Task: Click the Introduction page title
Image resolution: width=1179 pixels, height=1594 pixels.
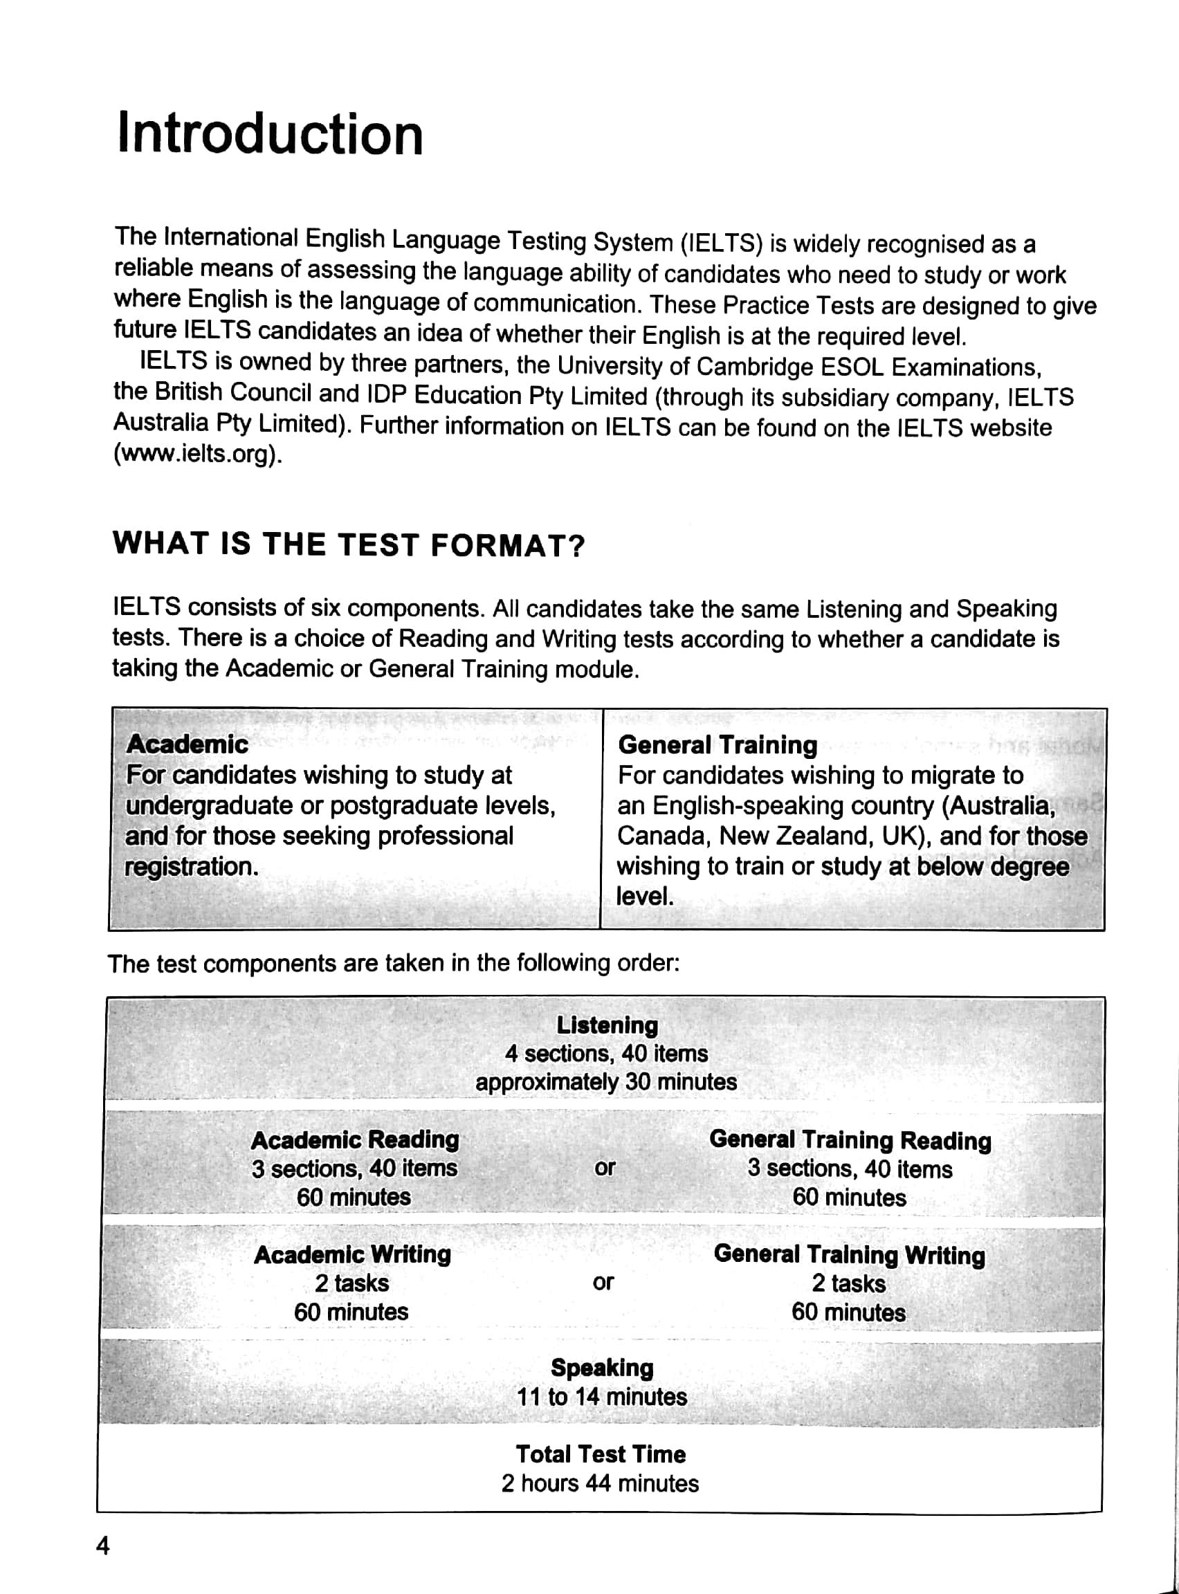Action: pyautogui.click(x=270, y=134)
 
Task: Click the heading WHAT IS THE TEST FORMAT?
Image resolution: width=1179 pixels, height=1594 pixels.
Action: pyautogui.click(x=348, y=545)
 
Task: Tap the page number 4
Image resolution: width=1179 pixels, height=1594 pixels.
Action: pyautogui.click(x=104, y=1546)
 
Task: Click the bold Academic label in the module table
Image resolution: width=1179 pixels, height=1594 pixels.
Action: pyautogui.click(x=187, y=744)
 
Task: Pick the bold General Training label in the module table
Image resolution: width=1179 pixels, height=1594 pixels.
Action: pyautogui.click(x=718, y=745)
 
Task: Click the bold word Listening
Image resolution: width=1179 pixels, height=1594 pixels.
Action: pyautogui.click(x=607, y=1025)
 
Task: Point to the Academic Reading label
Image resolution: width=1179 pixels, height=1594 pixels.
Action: pyautogui.click(x=355, y=1139)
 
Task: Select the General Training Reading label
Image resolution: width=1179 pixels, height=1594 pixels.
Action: pyautogui.click(x=850, y=1140)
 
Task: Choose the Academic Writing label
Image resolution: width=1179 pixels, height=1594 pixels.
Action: pyautogui.click(x=353, y=1254)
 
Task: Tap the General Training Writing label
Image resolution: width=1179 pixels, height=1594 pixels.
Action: pyautogui.click(x=849, y=1254)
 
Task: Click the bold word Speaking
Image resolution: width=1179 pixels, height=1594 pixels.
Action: pyautogui.click(x=603, y=1368)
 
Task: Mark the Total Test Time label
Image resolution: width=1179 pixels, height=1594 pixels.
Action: pyautogui.click(x=601, y=1454)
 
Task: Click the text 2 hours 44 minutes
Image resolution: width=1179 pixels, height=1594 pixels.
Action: pyautogui.click(x=600, y=1483)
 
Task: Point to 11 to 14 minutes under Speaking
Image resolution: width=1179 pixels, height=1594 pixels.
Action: pyautogui.click(x=602, y=1396)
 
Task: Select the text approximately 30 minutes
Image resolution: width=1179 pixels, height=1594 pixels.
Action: pyautogui.click(x=606, y=1082)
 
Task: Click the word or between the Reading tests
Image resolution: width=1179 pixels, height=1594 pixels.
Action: pyautogui.click(x=604, y=1168)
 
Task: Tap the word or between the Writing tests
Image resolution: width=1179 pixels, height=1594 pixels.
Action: pyautogui.click(x=603, y=1282)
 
